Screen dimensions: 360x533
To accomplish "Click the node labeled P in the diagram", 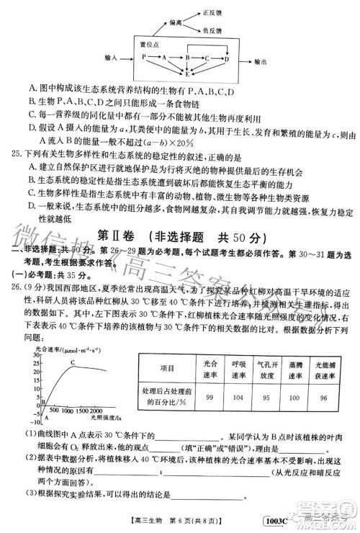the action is (144, 56).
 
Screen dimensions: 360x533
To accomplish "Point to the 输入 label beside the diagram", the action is (112, 56).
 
